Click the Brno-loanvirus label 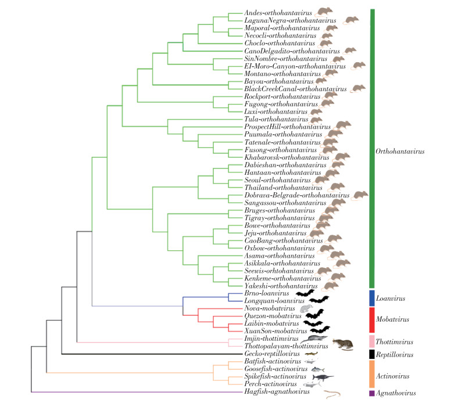click(x=265, y=294)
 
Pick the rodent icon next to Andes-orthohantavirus click(x=324, y=11)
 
